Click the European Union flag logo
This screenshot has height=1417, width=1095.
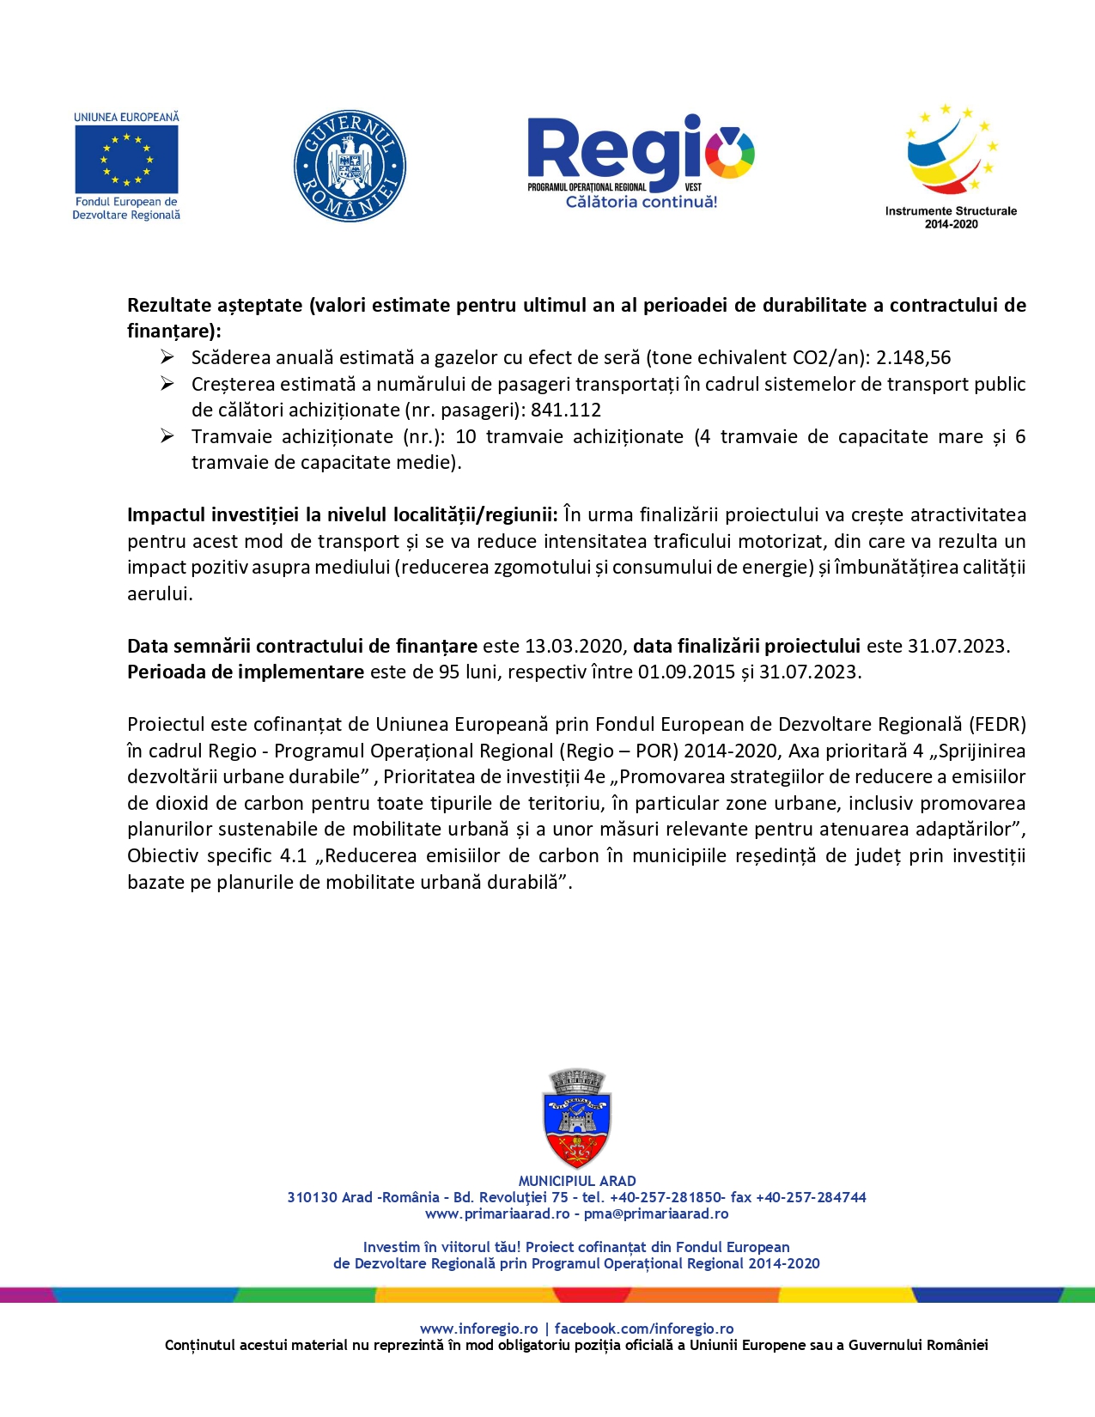pyautogui.click(x=126, y=160)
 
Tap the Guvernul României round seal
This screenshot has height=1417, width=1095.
pyautogui.click(x=350, y=166)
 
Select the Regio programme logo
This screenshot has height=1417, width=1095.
pyautogui.click(x=641, y=161)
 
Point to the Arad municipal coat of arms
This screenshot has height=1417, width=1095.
pyautogui.click(x=577, y=1118)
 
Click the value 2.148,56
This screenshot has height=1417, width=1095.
pyautogui.click(x=913, y=358)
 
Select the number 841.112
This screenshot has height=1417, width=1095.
pyautogui.click(x=566, y=411)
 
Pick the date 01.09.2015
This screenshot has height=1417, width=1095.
pyautogui.click(x=686, y=672)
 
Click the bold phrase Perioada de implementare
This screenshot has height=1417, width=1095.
pyautogui.click(x=246, y=672)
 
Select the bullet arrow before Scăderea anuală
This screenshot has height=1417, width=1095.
pyautogui.click(x=167, y=357)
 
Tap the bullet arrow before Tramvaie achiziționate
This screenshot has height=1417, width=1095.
pyautogui.click(x=167, y=436)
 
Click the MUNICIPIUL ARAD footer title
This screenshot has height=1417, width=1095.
pyautogui.click(x=577, y=1181)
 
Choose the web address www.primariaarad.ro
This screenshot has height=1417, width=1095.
pyautogui.click(x=497, y=1213)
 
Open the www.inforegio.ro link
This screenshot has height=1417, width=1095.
pyautogui.click(x=478, y=1329)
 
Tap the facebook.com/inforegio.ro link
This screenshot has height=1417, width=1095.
pyautogui.click(x=644, y=1329)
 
